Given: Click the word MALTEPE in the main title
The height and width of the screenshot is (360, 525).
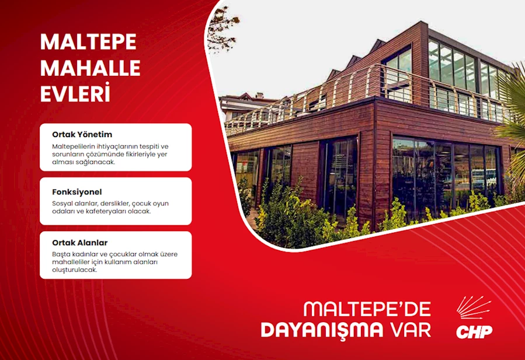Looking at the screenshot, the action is (x=88, y=42).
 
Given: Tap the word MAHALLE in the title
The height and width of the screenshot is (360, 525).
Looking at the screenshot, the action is (x=91, y=68).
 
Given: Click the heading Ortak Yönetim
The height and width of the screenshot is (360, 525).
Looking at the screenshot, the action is (x=82, y=135).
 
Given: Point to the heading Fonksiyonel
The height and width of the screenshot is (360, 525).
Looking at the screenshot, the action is (x=77, y=192).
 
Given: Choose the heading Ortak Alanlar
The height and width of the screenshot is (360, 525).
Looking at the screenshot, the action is (x=79, y=243).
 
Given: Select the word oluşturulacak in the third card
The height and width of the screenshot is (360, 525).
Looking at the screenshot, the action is (x=74, y=270).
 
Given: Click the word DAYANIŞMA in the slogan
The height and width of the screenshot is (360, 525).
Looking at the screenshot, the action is (x=322, y=330).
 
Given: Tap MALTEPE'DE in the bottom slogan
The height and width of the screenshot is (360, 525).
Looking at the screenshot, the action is (x=367, y=309).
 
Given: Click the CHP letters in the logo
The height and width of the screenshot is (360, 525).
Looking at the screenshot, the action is (x=474, y=331).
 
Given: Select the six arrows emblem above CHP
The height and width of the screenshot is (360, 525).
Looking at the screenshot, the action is (x=473, y=307).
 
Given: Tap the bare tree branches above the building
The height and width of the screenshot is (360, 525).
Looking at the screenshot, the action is (x=222, y=29).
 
